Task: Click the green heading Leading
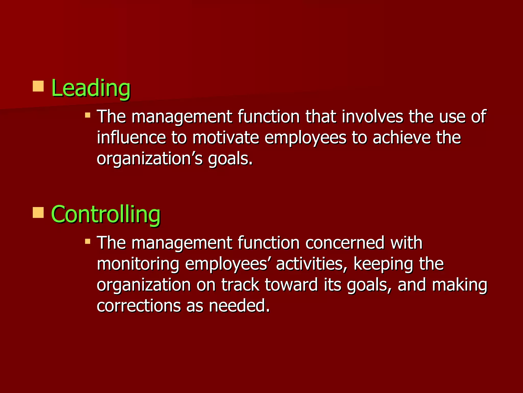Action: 91,88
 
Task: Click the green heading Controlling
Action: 105,214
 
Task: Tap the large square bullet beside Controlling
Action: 38,212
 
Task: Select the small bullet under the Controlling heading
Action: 88,241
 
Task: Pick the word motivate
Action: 225,138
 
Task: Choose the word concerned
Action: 345,243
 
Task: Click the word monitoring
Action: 138,264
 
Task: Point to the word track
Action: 240,285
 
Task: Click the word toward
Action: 291,285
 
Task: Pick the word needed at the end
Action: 239,306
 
